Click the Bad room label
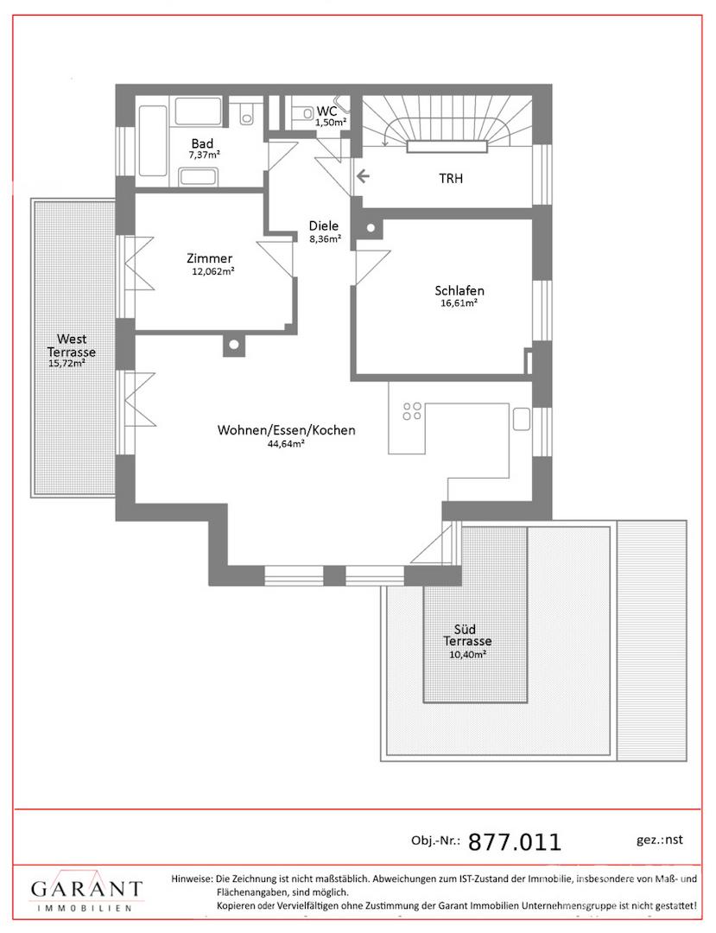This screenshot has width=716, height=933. point(202,143)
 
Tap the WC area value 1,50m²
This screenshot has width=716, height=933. point(331,123)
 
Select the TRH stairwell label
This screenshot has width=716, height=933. point(451,179)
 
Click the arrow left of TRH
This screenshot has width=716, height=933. point(363,176)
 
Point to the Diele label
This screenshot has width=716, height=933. point(324,226)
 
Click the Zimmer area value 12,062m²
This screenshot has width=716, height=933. point(212,272)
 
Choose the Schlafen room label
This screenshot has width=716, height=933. point(459,291)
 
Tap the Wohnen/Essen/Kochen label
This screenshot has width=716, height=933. point(287,430)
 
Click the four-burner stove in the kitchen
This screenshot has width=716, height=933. point(412,411)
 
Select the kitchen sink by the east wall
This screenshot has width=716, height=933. point(522,419)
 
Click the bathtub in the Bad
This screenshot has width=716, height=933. point(152,141)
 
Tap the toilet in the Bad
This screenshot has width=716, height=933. point(246,112)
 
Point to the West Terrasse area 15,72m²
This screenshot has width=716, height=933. point(67,364)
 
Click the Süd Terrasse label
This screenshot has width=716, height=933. point(467,636)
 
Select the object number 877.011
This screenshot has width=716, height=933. point(515,842)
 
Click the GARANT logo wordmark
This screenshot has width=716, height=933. point(87,890)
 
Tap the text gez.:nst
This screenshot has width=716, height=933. point(660,840)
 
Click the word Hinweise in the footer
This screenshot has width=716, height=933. point(192,879)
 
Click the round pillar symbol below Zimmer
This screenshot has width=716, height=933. point(234,345)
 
